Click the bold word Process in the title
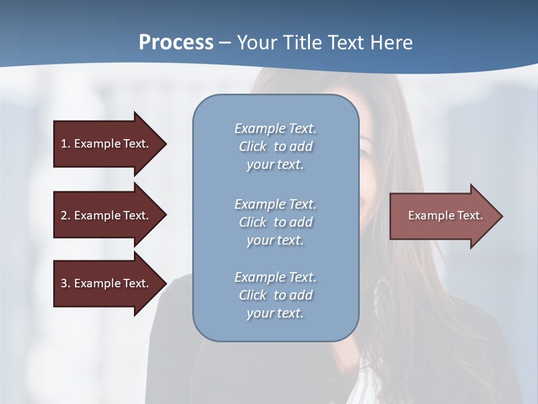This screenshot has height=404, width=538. pyautogui.click(x=176, y=43)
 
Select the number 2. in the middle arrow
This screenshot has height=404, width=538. pyautogui.click(x=65, y=215)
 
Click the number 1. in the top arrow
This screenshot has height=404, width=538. pyautogui.click(x=65, y=144)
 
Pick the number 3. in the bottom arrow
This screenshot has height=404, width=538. pyautogui.click(x=65, y=283)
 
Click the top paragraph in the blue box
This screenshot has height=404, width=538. pyautogui.click(x=275, y=146)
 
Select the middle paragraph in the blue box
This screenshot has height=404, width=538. pyautogui.click(x=275, y=222)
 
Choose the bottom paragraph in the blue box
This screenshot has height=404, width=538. pyautogui.click(x=275, y=295)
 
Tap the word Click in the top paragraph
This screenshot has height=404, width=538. pyautogui.click(x=252, y=146)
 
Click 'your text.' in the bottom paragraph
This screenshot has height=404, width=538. pyautogui.click(x=275, y=313)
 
